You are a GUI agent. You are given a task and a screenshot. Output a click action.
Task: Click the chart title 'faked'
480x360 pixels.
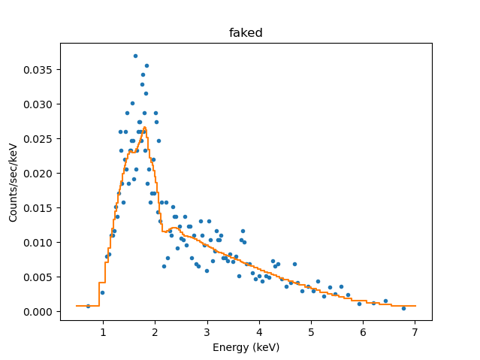(246, 33)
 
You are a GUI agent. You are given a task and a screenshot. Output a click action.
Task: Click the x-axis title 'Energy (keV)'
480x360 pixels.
(246, 346)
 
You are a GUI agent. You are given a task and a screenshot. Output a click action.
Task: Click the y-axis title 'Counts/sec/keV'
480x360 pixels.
(14, 183)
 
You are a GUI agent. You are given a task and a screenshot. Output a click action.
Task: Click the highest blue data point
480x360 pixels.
(135, 56)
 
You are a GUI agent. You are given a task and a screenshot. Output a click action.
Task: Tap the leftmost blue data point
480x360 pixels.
(88, 306)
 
